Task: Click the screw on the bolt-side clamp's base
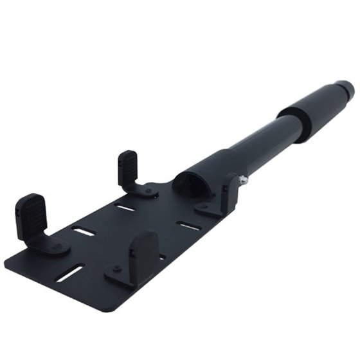click(204, 207)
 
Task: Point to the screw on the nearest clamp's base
click(116, 269)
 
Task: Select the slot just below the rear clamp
click(126, 207)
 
